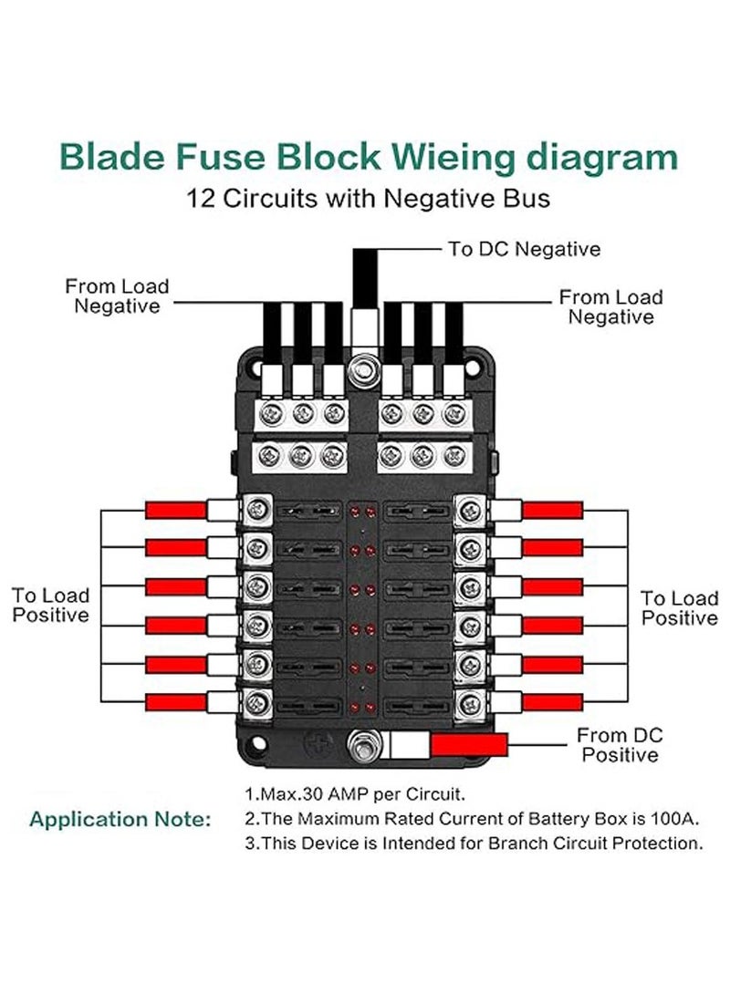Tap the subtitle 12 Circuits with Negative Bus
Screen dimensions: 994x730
tap(369, 197)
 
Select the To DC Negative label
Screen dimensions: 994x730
tap(524, 248)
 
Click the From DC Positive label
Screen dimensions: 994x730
tap(620, 745)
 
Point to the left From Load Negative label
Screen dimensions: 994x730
tap(117, 296)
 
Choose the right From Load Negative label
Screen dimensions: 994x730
tap(610, 307)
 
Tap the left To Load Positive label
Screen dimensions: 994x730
tap(50, 606)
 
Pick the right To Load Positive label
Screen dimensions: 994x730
tap(679, 608)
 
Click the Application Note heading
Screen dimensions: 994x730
tap(120, 819)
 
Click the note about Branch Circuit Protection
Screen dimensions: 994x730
tap(474, 844)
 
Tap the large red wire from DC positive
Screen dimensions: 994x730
tap(468, 745)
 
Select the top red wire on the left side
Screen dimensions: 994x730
tap(178, 509)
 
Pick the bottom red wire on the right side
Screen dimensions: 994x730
tap(551, 702)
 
